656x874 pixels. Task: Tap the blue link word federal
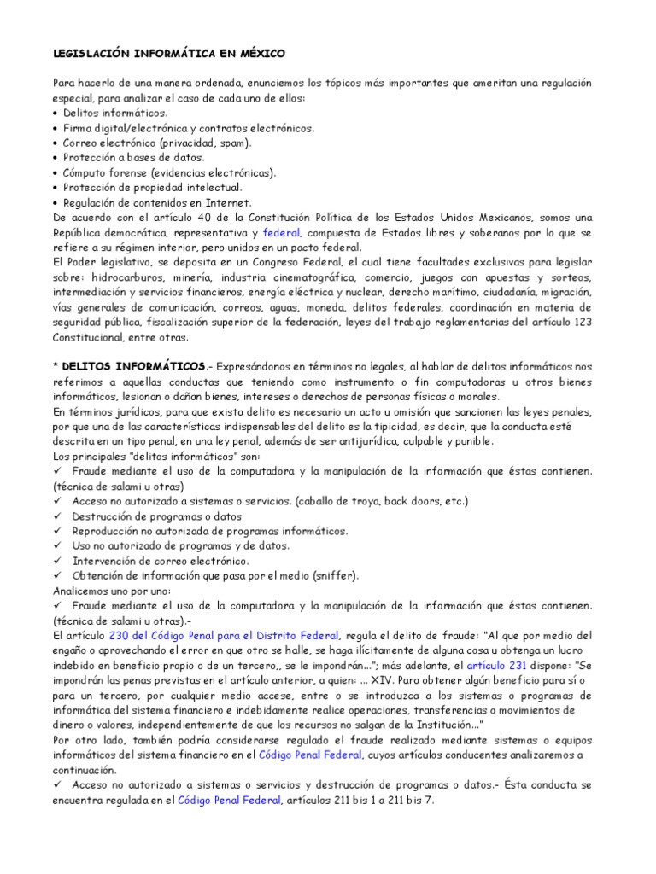(x=279, y=232)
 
